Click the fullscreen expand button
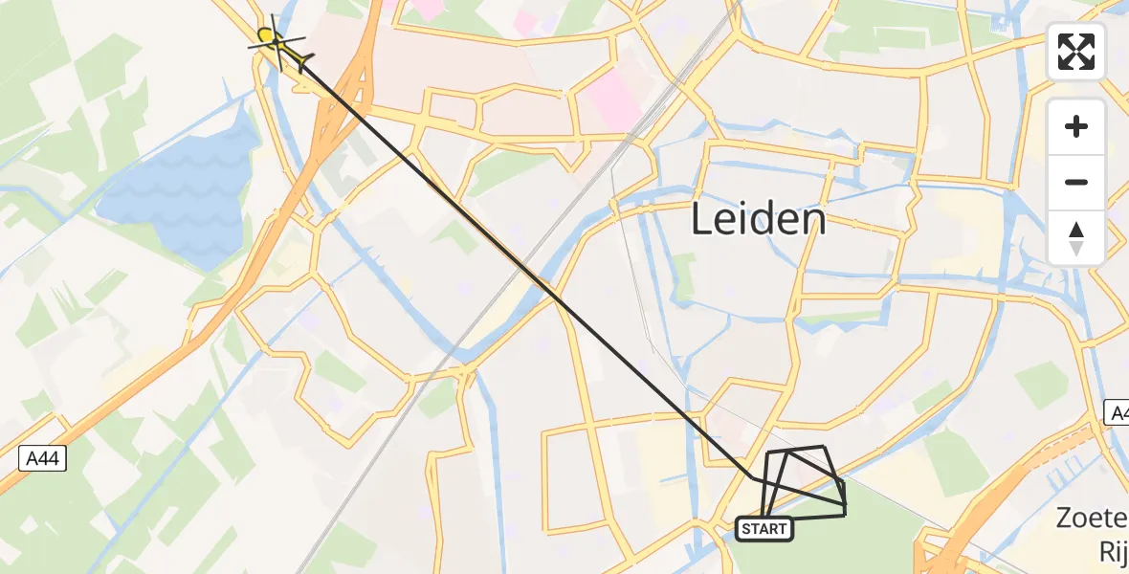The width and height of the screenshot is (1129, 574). [x=1076, y=52]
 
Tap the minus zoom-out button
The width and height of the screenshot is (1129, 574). [x=1076, y=183]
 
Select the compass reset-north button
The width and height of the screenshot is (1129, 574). [x=1076, y=238]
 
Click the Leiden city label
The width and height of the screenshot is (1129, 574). [x=758, y=221]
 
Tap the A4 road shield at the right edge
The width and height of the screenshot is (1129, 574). [x=1118, y=413]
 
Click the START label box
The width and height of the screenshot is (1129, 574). [x=764, y=529]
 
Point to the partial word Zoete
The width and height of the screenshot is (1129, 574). [x=1092, y=519]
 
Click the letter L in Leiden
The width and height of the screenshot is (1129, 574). [x=700, y=221]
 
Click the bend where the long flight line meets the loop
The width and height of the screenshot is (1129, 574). [x=754, y=476]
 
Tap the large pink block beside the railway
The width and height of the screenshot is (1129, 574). [x=612, y=101]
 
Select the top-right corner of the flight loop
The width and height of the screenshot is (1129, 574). [x=823, y=447]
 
